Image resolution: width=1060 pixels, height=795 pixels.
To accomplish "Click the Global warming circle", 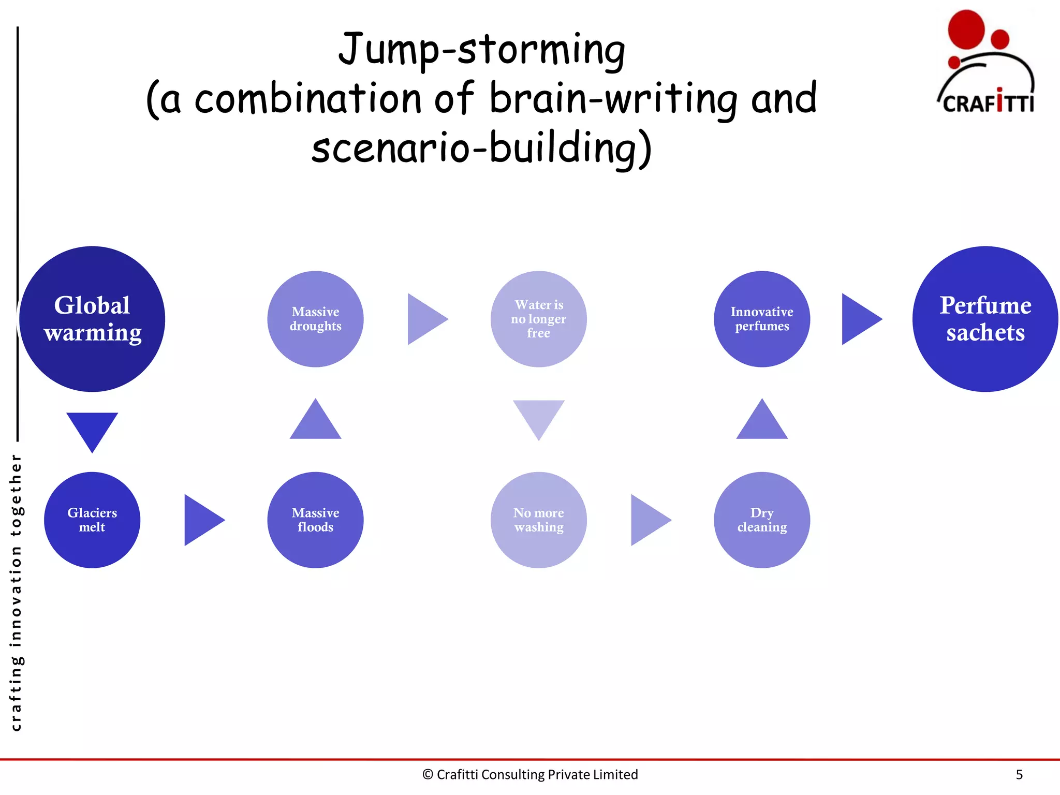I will click(92, 319).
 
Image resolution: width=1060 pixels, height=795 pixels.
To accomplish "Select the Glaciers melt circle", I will click(92, 520).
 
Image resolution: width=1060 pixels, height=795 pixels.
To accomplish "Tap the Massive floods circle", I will click(315, 520).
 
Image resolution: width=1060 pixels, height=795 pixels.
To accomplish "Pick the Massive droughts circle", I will click(315, 319).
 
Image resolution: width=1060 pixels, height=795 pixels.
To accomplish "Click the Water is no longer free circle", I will click(538, 319).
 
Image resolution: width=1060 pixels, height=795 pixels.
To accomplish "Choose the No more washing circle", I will click(538, 520).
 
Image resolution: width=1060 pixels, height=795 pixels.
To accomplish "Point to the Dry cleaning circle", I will click(762, 520).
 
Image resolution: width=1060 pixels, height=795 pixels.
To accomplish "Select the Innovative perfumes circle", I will click(762, 319).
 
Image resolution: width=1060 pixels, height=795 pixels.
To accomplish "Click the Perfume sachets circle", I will click(985, 319).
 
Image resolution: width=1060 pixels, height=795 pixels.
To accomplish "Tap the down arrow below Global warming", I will click(92, 429).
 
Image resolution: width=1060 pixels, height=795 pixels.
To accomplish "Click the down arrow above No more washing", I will click(538, 416).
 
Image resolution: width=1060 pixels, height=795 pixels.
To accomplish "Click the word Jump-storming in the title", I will click(481, 50).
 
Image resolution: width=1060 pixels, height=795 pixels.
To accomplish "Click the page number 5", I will click(1019, 774).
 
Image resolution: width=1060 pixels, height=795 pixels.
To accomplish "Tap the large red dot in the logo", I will click(966, 30).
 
